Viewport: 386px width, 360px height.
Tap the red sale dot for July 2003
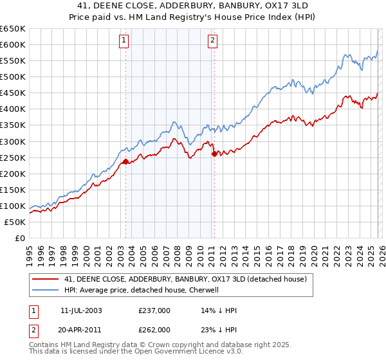tap(125, 161)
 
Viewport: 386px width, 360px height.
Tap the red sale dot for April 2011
tap(214, 153)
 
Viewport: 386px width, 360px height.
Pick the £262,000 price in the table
tap(154, 329)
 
